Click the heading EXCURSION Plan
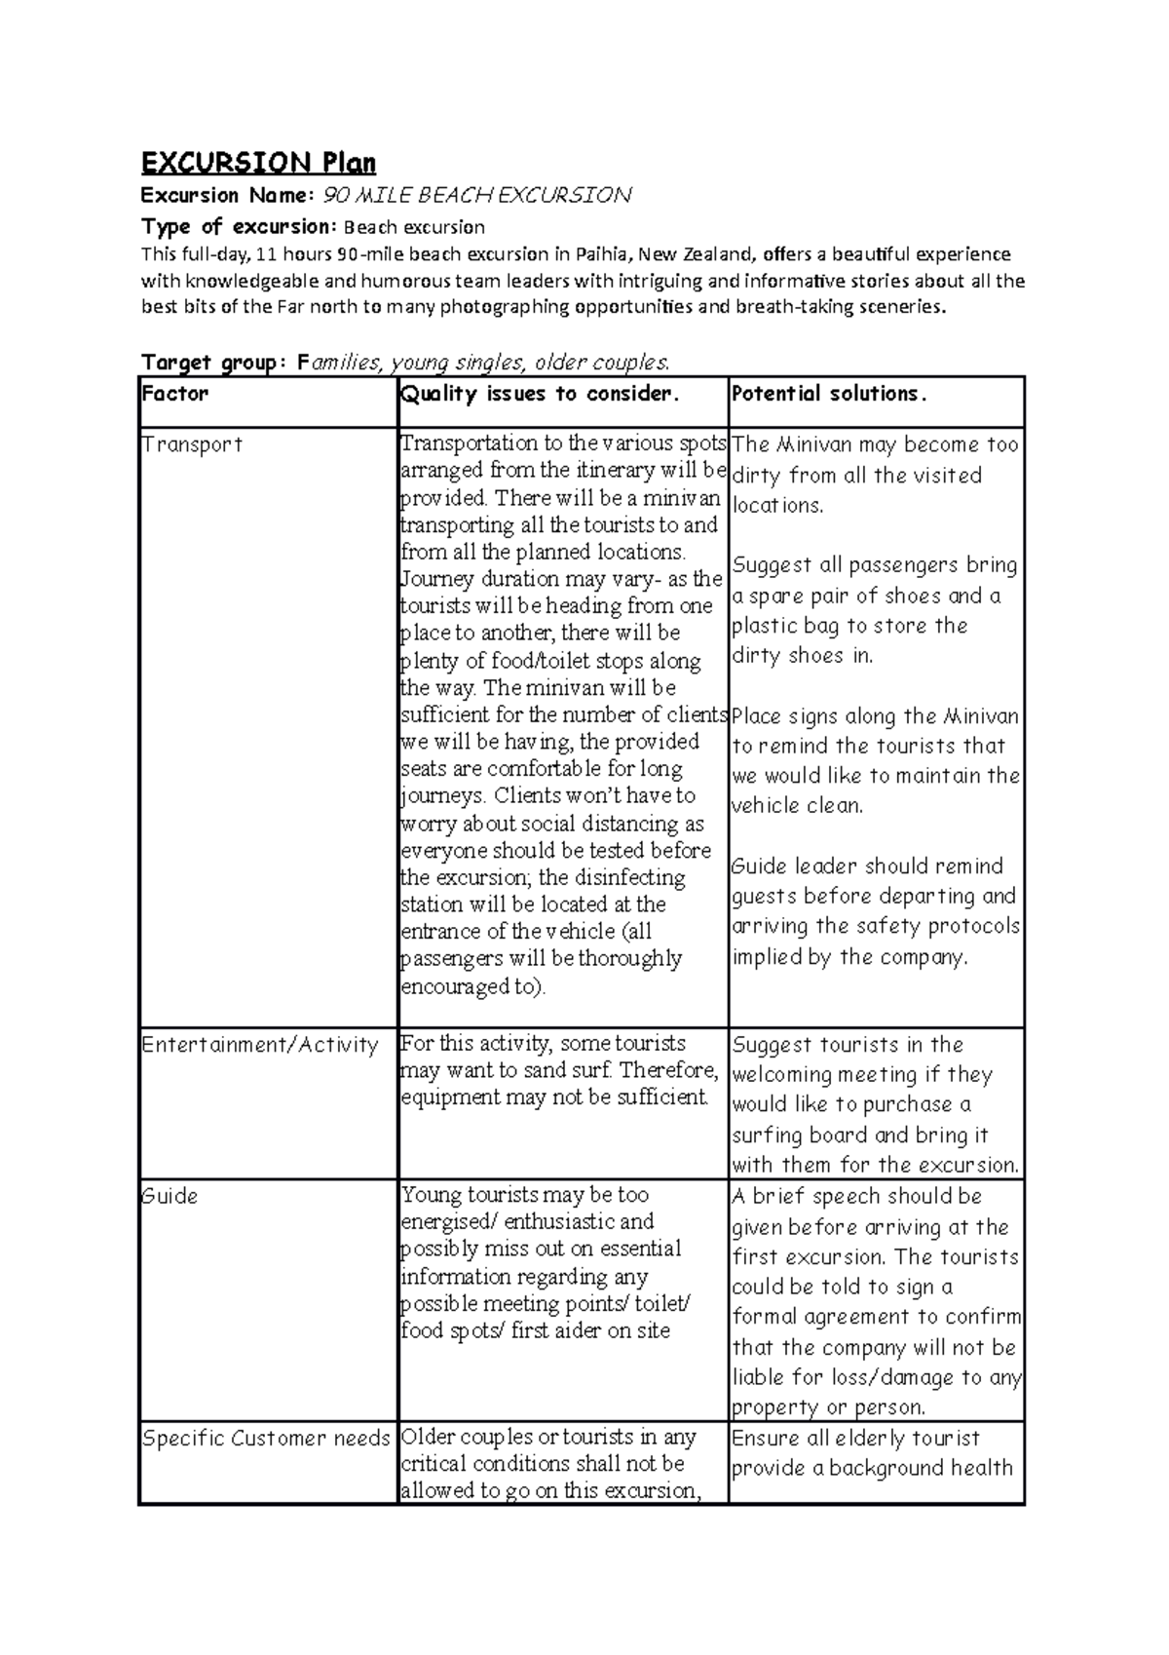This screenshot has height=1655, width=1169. [x=258, y=162]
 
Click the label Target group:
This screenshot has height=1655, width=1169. [x=214, y=364]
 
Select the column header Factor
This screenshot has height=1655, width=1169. [x=174, y=394]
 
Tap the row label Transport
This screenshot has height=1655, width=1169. [x=192, y=444]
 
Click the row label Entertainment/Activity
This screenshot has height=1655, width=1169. [x=260, y=1045]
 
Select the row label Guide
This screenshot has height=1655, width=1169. [x=170, y=1196]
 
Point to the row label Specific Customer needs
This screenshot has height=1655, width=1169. [x=266, y=1439]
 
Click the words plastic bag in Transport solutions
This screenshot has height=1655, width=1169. [x=786, y=626]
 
